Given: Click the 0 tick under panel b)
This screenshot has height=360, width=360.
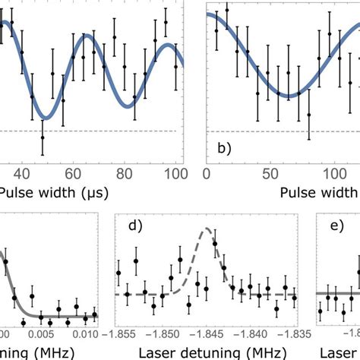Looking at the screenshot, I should (207, 172).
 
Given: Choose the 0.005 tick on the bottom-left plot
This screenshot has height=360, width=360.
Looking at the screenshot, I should (43, 332).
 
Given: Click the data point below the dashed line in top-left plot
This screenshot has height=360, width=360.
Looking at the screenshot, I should (43, 136).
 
